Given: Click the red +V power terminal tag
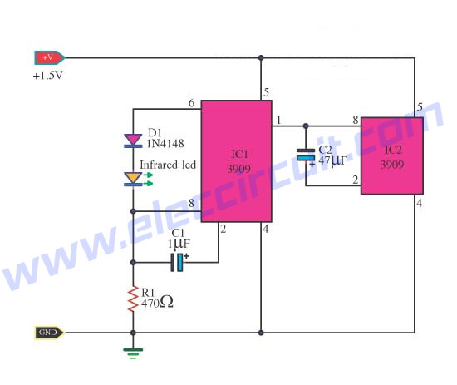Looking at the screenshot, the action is pyautogui.click(x=50, y=57).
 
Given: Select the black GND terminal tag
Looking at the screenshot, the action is pyautogui.click(x=49, y=333).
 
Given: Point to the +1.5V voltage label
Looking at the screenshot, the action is pyautogui.click(x=48, y=76).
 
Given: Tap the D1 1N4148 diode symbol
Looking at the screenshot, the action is pyautogui.click(x=133, y=141).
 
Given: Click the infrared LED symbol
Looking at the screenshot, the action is pyautogui.click(x=138, y=179).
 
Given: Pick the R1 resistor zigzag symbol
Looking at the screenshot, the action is pyautogui.click(x=133, y=299).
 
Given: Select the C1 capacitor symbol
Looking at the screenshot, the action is pyautogui.click(x=179, y=262).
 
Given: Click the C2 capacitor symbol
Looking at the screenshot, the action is pyautogui.click(x=306, y=156).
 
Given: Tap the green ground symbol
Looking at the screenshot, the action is pyautogui.click(x=133, y=353).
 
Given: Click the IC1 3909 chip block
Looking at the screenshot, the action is pyautogui.click(x=236, y=161).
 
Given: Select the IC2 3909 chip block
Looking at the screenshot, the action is pyautogui.click(x=392, y=156).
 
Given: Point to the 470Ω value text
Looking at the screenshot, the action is pyautogui.click(x=157, y=302).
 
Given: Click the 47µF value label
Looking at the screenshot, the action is pyautogui.click(x=333, y=160).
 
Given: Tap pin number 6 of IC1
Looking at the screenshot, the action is pyautogui.click(x=191, y=103).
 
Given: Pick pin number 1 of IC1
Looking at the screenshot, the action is pyautogui.click(x=278, y=120).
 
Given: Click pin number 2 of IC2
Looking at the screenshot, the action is pyautogui.click(x=356, y=180).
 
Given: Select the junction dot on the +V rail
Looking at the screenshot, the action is pyautogui.click(x=261, y=57).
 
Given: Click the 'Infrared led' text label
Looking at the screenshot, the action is pyautogui.click(x=168, y=165).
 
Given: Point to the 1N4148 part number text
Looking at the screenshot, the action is pyautogui.click(x=165, y=144).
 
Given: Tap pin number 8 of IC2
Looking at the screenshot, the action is pyautogui.click(x=356, y=120).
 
